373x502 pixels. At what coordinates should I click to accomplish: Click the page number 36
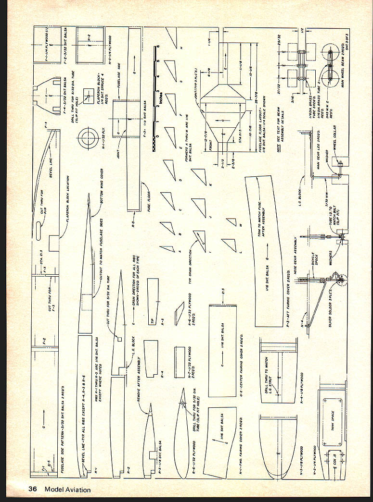33,489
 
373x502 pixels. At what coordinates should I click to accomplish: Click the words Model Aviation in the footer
67,489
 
